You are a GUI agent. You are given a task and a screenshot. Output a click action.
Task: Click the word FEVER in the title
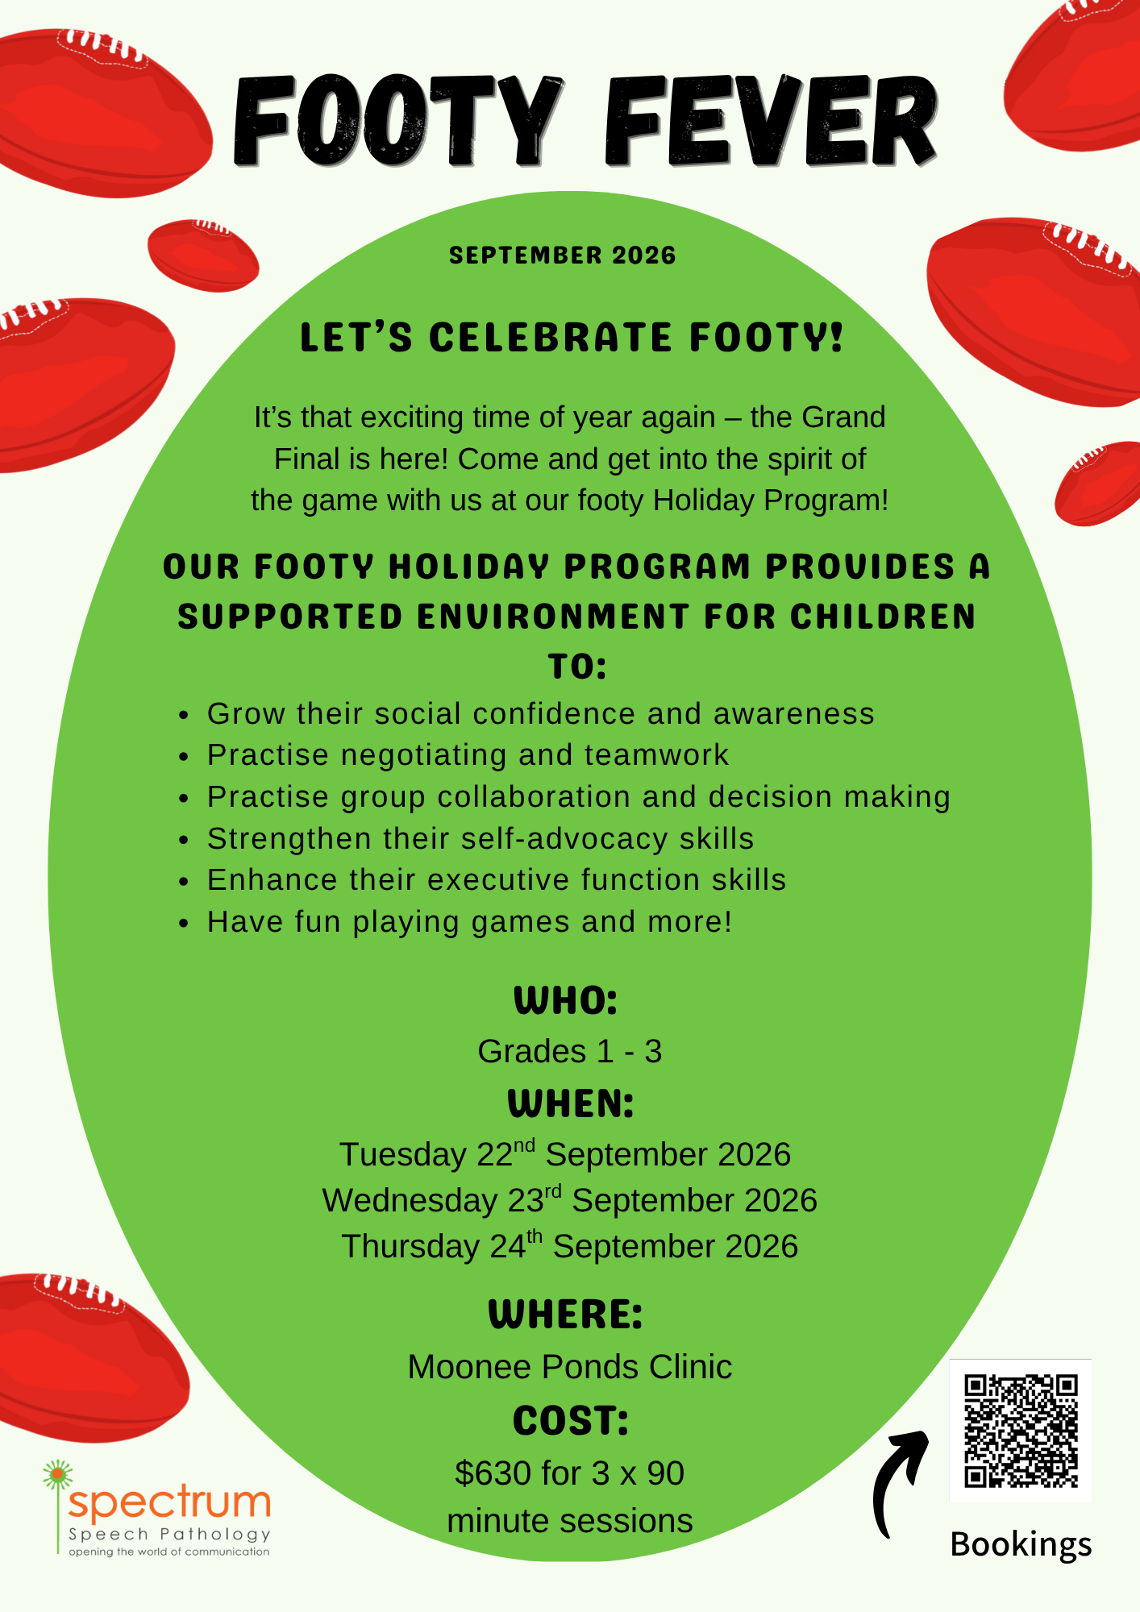[x=772, y=121]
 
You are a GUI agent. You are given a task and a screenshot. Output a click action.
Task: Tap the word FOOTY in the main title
[x=397, y=121]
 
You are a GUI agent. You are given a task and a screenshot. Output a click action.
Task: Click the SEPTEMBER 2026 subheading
[x=563, y=256]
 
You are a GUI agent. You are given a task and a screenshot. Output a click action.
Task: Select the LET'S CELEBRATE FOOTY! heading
[x=571, y=337]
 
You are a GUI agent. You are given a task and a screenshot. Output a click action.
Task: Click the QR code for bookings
[x=1021, y=1430]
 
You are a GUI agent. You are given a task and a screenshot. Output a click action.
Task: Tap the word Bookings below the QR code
[x=1021, y=1544]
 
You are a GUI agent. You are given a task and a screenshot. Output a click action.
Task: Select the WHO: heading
[x=566, y=1001]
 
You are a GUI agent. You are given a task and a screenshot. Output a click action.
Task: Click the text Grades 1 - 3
[x=570, y=1051]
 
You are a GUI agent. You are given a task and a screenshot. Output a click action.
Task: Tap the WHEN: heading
[x=571, y=1103]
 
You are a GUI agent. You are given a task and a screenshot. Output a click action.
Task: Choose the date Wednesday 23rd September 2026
[x=570, y=1199]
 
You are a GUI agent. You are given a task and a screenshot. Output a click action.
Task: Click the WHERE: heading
[x=566, y=1315]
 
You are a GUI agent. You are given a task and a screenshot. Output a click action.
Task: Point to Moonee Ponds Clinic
[x=570, y=1367]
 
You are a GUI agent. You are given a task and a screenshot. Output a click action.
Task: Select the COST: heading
[x=571, y=1421]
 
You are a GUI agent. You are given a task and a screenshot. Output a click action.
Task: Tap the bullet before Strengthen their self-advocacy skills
[x=185, y=840]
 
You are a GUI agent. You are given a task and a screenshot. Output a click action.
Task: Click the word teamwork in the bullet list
[x=656, y=755]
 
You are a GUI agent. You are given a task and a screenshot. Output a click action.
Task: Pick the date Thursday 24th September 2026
[x=570, y=1245]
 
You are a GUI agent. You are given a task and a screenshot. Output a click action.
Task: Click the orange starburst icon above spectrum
[x=57, y=1475]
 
